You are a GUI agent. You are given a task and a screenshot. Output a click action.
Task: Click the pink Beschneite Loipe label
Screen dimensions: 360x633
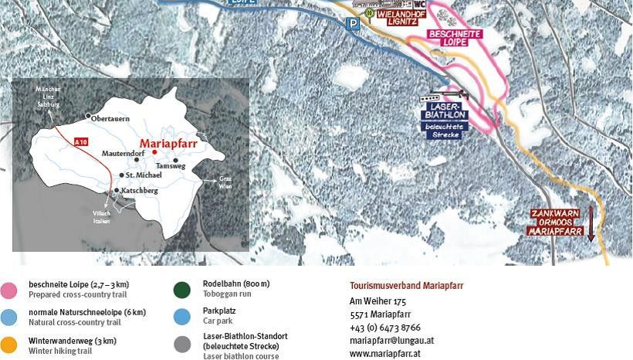455,39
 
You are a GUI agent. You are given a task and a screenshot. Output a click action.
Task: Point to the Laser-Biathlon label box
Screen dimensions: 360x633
442,110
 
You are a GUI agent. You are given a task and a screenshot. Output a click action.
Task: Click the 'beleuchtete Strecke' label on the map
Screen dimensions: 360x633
442,130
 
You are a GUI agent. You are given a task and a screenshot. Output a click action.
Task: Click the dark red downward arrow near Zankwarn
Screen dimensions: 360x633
591,223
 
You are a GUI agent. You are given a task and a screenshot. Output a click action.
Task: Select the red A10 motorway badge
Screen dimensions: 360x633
81,142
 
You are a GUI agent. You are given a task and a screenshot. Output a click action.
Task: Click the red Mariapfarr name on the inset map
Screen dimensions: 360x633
170,143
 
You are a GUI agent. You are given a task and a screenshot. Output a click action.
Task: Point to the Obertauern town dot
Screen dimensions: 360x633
87,117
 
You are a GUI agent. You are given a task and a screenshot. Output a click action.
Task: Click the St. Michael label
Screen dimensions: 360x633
144,176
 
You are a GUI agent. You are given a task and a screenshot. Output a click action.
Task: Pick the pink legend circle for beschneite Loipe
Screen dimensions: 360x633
9,290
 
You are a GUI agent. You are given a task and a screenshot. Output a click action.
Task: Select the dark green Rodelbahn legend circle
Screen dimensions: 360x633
182,290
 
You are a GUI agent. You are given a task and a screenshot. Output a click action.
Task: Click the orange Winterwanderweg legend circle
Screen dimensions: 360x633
9,345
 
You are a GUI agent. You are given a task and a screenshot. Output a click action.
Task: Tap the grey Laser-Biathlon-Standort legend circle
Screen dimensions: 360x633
182,345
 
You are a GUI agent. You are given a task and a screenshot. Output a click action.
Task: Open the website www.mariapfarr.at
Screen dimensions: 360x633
385,353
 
